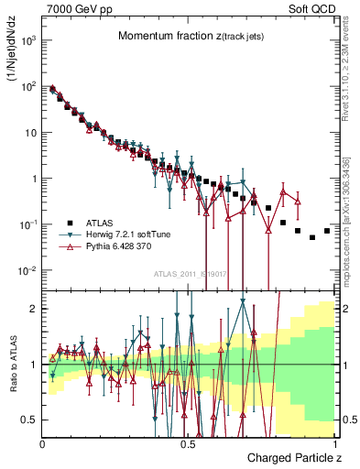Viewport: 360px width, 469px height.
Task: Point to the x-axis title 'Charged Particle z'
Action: (x=291, y=456)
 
